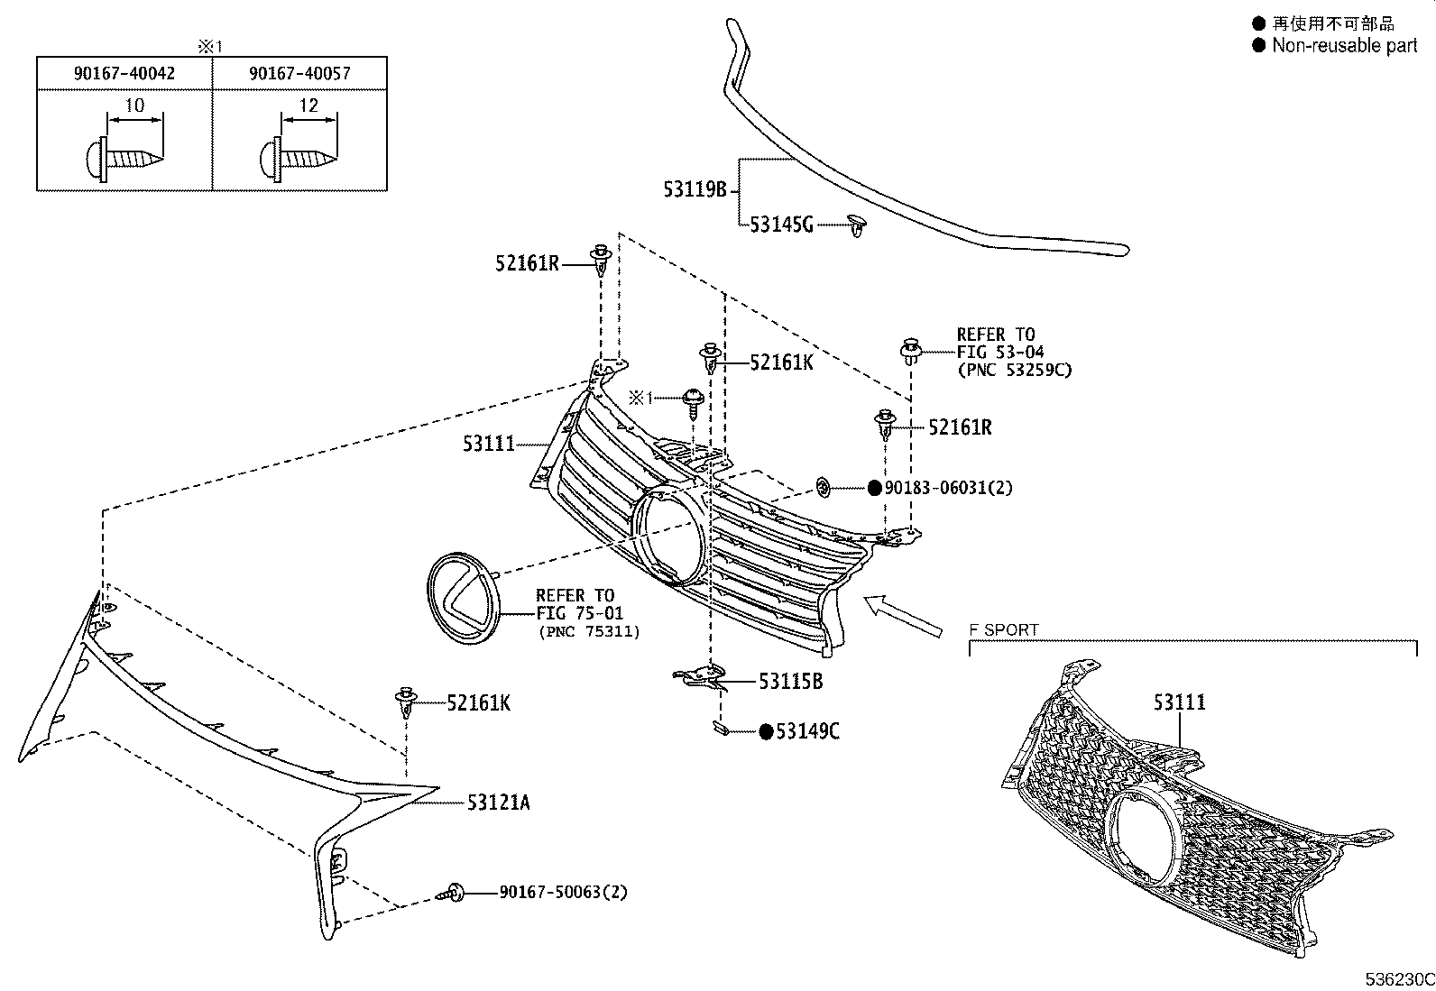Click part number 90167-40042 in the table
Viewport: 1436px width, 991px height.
click(124, 73)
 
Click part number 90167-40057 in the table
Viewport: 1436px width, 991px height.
click(299, 73)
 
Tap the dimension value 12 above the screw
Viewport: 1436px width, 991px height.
click(308, 106)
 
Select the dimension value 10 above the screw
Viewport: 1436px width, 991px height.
click(133, 106)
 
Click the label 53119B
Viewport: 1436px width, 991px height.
click(695, 189)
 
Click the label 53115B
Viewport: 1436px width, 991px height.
click(790, 682)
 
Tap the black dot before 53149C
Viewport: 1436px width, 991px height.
click(766, 731)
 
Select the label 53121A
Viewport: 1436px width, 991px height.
click(499, 802)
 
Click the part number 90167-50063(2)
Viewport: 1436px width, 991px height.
click(563, 892)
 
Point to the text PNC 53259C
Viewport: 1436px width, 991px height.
click(1014, 370)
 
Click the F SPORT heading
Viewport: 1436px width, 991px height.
click(1004, 629)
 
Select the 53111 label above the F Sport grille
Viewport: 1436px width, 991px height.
click(1179, 702)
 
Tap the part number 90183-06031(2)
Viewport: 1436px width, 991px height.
click(948, 488)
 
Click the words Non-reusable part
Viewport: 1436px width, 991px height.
click(1344, 45)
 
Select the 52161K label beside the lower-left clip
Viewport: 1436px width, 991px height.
click(478, 702)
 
